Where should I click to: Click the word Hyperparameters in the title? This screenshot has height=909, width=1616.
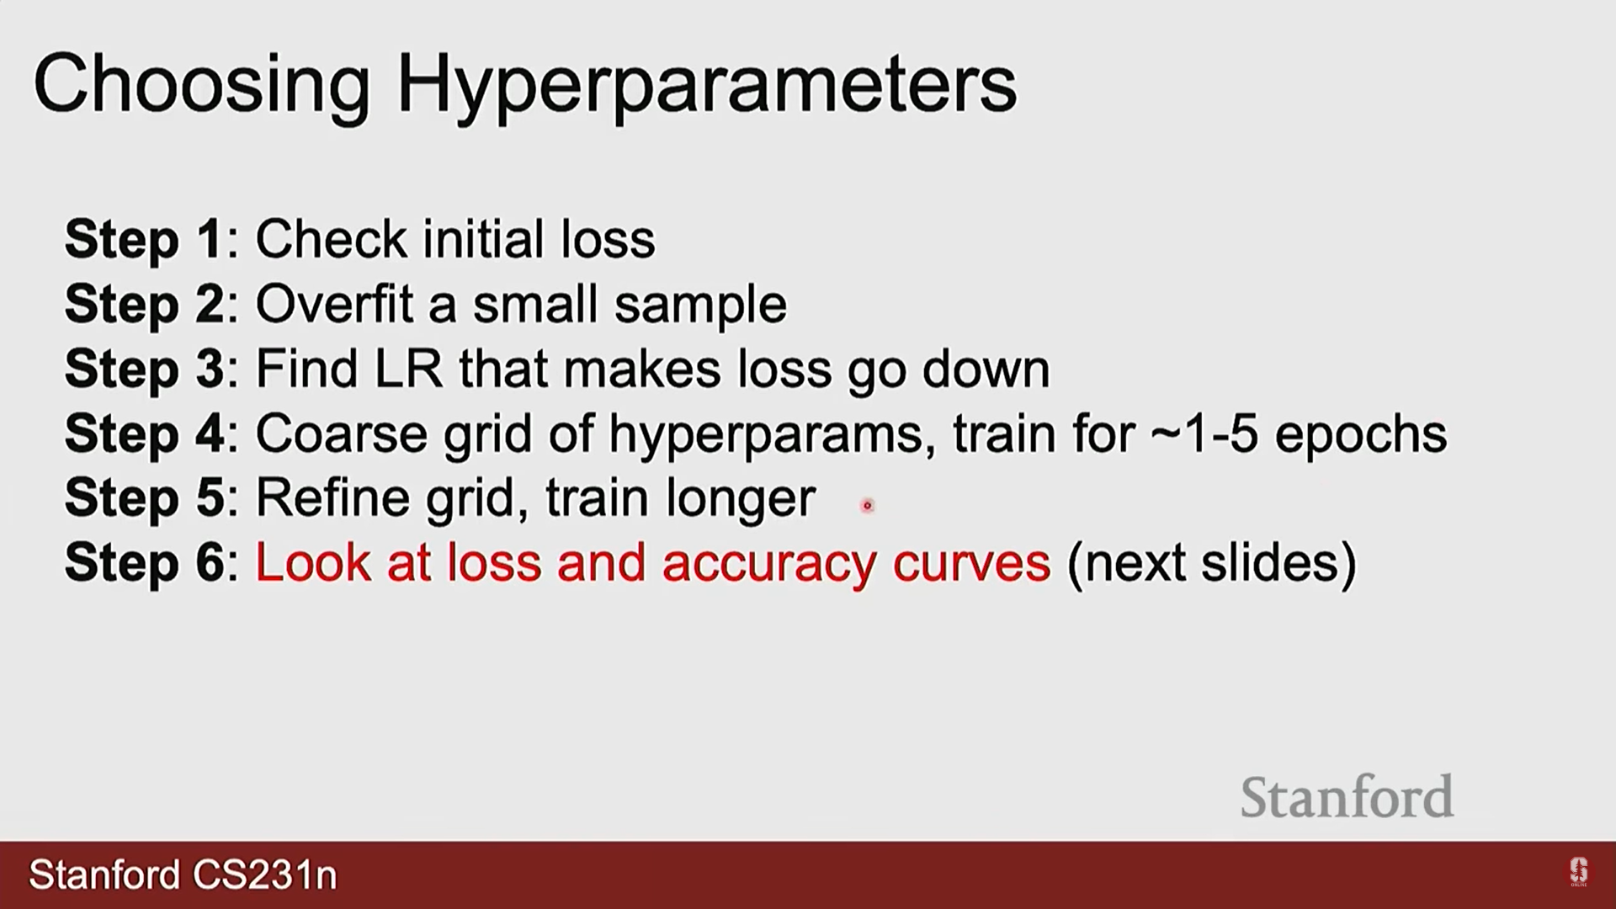click(706, 86)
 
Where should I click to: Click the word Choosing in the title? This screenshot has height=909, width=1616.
click(202, 86)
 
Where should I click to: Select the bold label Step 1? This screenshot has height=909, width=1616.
click(143, 240)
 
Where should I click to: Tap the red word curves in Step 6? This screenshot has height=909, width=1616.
click(972, 564)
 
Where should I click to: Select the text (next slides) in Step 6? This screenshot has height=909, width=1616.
click(1212, 563)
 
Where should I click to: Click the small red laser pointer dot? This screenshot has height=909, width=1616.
click(867, 506)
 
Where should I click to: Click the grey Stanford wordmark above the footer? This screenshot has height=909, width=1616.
click(1347, 797)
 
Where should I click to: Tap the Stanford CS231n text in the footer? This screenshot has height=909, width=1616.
click(183, 875)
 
